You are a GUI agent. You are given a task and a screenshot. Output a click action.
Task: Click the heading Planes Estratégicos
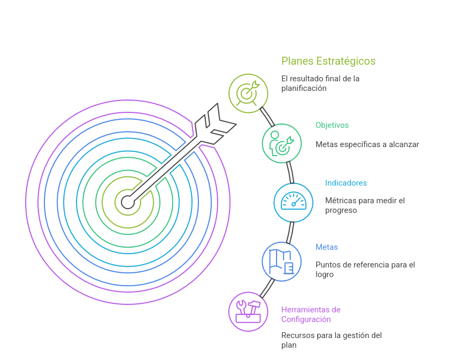[328, 61]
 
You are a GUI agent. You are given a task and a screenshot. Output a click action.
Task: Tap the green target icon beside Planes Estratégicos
[248, 93]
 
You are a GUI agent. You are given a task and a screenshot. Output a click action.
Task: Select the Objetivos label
[332, 125]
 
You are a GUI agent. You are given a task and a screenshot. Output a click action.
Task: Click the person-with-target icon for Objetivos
[281, 143]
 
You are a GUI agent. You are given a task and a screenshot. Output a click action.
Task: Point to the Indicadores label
[346, 183]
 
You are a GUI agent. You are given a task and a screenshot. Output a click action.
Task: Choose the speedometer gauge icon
[293, 202]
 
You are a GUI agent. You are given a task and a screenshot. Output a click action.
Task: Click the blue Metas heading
[326, 247]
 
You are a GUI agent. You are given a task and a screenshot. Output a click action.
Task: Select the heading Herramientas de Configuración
[311, 315]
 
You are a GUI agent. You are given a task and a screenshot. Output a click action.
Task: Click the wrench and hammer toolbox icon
[248, 311]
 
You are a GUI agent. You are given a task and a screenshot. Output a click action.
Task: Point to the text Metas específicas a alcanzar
[367, 144]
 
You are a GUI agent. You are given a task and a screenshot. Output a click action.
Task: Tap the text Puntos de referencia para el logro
[365, 270]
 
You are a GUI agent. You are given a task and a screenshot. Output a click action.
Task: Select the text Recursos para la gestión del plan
[331, 340]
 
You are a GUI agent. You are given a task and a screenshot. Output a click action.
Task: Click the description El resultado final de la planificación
[320, 83]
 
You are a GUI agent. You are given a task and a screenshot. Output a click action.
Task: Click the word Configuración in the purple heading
[305, 319]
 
